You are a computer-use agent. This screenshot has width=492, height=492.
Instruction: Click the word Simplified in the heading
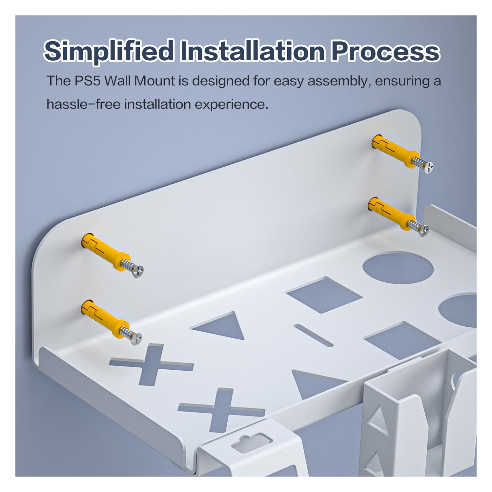(x=109, y=51)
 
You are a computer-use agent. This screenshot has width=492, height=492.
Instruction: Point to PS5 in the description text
(x=88, y=81)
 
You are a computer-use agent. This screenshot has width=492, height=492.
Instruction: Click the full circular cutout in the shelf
(x=398, y=268)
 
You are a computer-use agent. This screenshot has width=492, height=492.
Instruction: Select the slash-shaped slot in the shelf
(x=313, y=335)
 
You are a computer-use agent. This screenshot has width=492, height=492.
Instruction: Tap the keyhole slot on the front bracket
(x=251, y=441)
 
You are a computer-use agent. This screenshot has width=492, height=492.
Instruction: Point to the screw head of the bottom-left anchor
(x=136, y=338)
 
